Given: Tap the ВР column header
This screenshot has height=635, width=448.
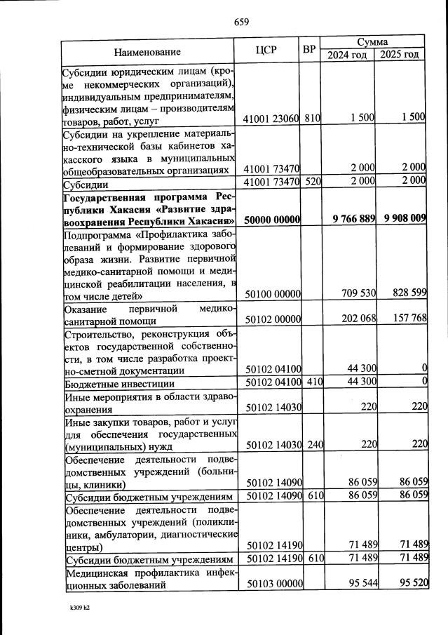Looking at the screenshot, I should coord(308,50).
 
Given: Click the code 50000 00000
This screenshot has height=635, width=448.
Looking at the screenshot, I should coord(273,220).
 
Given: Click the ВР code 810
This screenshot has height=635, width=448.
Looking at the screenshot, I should coord(312,118).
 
